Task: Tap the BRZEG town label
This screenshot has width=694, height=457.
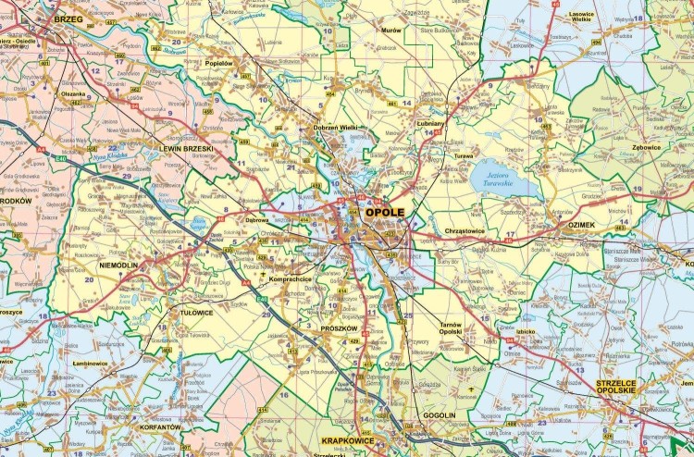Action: (x=68, y=19)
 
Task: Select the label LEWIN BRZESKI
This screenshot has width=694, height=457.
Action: (x=186, y=148)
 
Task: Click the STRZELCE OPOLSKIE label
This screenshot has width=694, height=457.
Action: (x=621, y=388)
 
